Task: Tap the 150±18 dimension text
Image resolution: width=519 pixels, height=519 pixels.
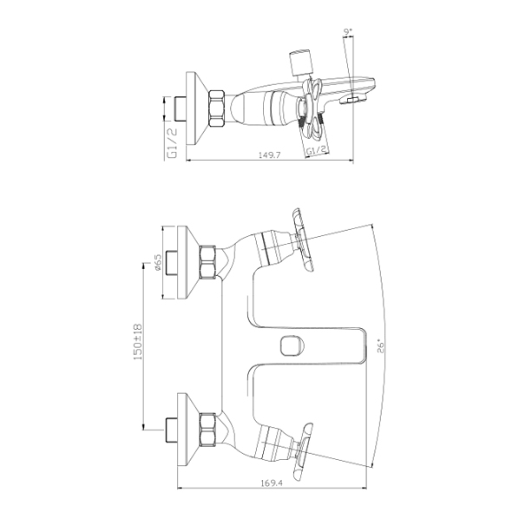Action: coord(137,342)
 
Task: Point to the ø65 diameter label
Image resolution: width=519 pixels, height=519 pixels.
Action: coord(157,262)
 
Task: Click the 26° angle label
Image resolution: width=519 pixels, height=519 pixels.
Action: coord(381,345)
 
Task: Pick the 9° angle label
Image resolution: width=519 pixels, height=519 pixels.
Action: coord(348,32)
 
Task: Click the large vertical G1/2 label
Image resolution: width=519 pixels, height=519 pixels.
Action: coord(172,142)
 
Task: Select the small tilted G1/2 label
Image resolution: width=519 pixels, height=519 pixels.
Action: coord(317,150)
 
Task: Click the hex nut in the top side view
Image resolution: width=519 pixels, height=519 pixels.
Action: coord(217,108)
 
